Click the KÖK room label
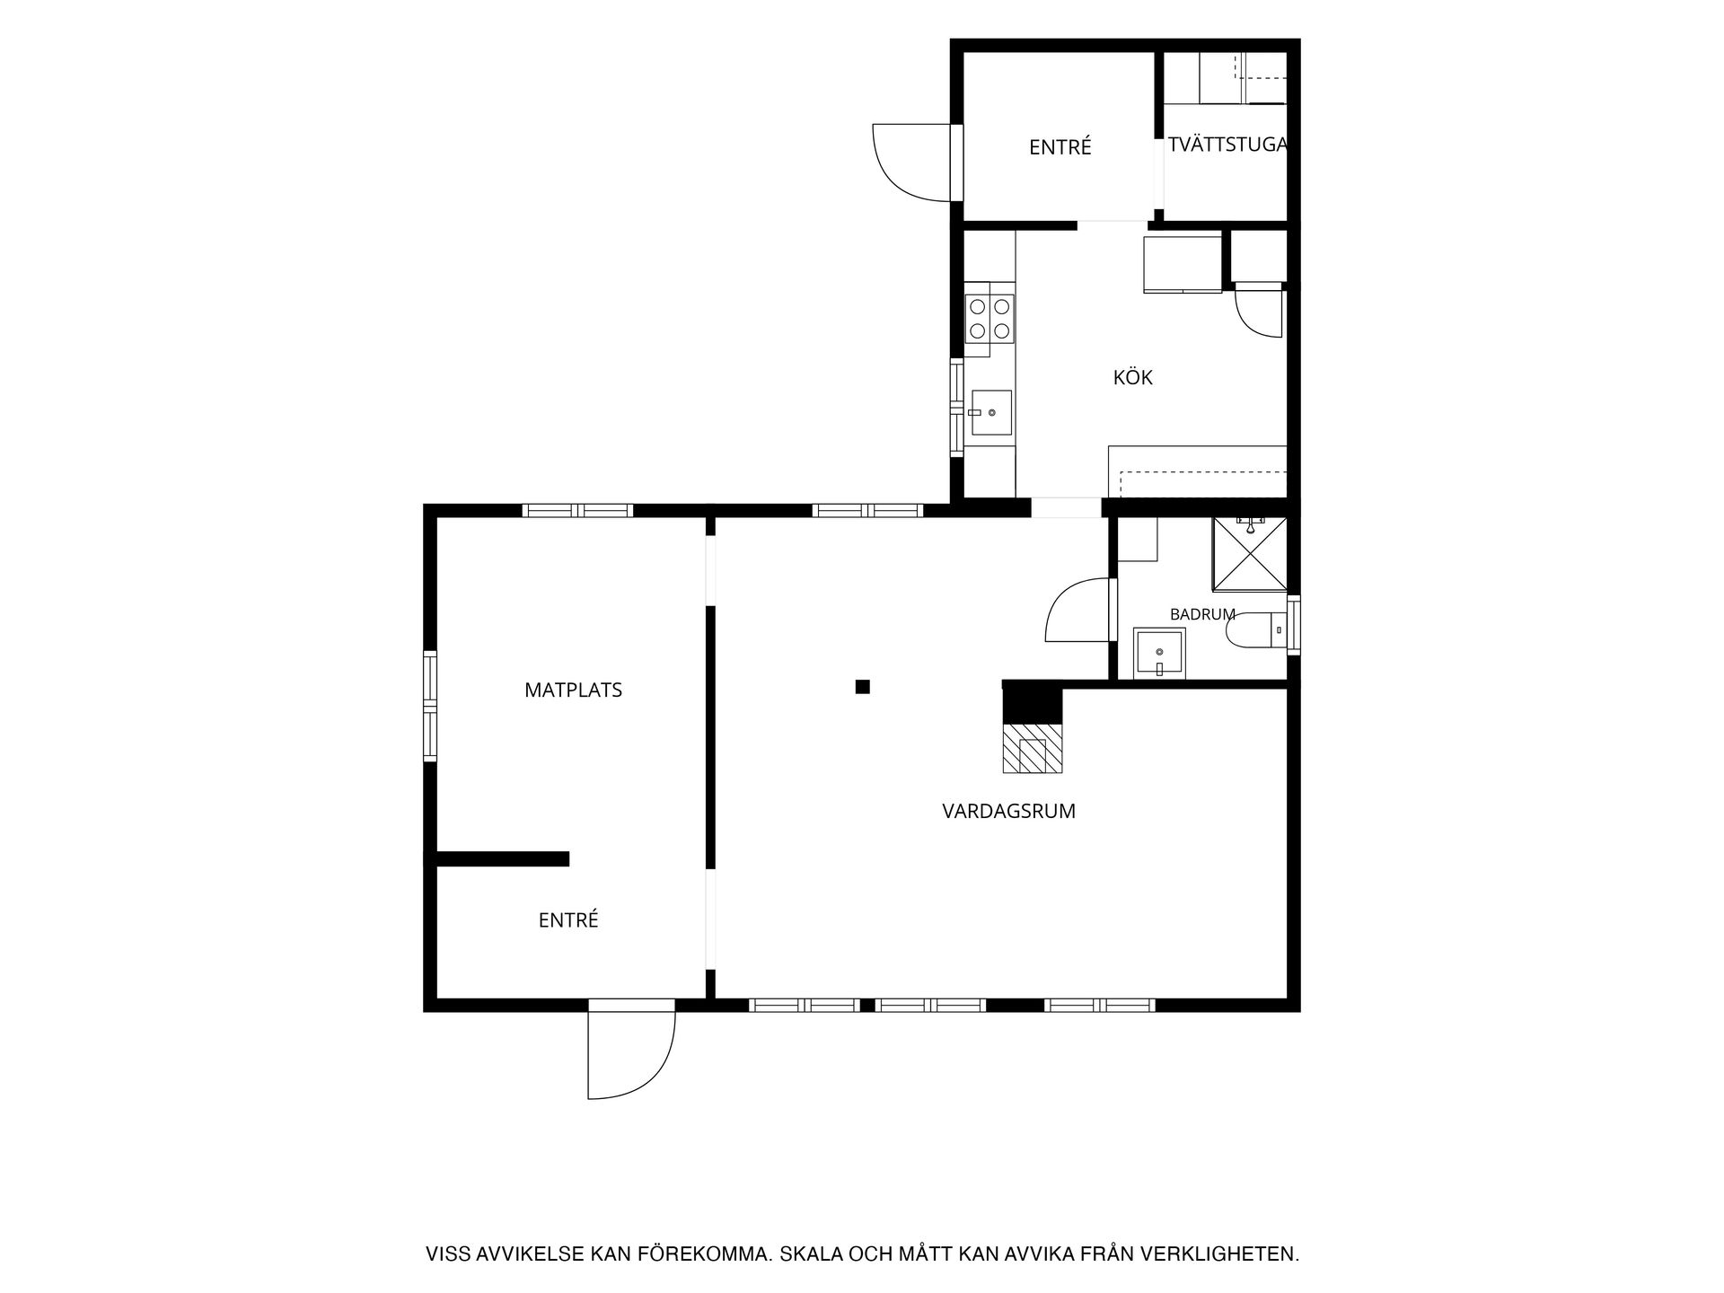1132,377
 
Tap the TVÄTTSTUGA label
1227,145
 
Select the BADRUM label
1202,614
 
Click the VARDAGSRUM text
1008,811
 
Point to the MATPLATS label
573,690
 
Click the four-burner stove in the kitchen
990,319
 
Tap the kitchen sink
991,412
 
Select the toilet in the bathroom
1257,630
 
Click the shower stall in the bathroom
1250,553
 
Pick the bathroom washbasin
1159,651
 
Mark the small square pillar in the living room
863,687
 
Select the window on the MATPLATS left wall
430,706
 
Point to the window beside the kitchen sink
957,409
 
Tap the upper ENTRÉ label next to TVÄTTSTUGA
1060,146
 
